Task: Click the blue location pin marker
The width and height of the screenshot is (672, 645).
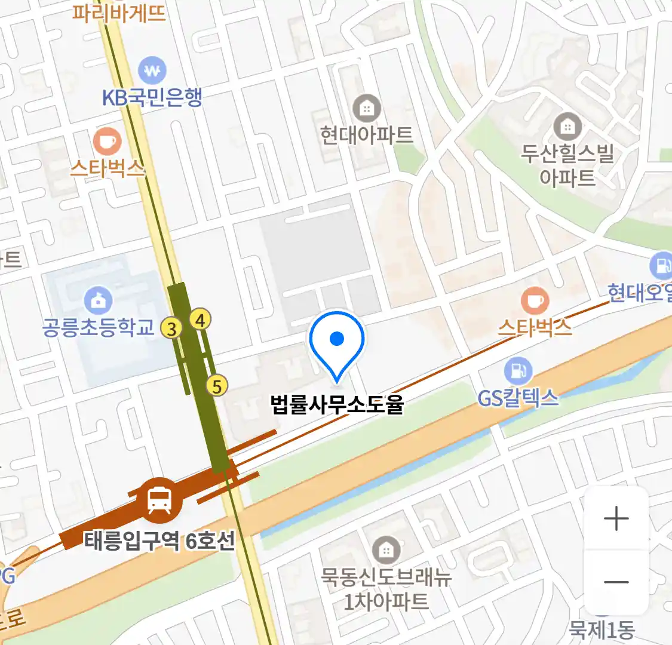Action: click(337, 341)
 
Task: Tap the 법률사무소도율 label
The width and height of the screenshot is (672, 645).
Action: click(337, 404)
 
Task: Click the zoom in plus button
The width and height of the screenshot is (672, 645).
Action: click(616, 518)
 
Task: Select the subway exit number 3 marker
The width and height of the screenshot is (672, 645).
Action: click(172, 328)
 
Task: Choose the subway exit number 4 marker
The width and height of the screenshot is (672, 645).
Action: click(200, 320)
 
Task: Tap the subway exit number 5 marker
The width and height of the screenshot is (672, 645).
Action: click(217, 386)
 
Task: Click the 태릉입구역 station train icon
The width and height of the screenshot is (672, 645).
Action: click(158, 499)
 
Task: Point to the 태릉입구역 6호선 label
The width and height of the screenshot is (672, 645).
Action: click(159, 541)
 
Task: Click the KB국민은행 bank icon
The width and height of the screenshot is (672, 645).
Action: click(152, 71)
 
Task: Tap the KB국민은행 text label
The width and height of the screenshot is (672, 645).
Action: click(152, 97)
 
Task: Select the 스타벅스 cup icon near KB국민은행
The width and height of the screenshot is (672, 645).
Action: click(107, 142)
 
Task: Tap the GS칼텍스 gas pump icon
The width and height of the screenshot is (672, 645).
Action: click(518, 371)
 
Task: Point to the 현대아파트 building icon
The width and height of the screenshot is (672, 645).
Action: click(367, 109)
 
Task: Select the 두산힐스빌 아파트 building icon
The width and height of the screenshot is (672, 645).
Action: click(567, 127)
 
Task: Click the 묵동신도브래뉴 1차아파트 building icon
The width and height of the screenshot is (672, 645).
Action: click(386, 549)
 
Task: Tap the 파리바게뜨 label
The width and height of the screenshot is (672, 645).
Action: click(119, 12)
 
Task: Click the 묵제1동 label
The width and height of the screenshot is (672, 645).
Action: click(602, 629)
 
